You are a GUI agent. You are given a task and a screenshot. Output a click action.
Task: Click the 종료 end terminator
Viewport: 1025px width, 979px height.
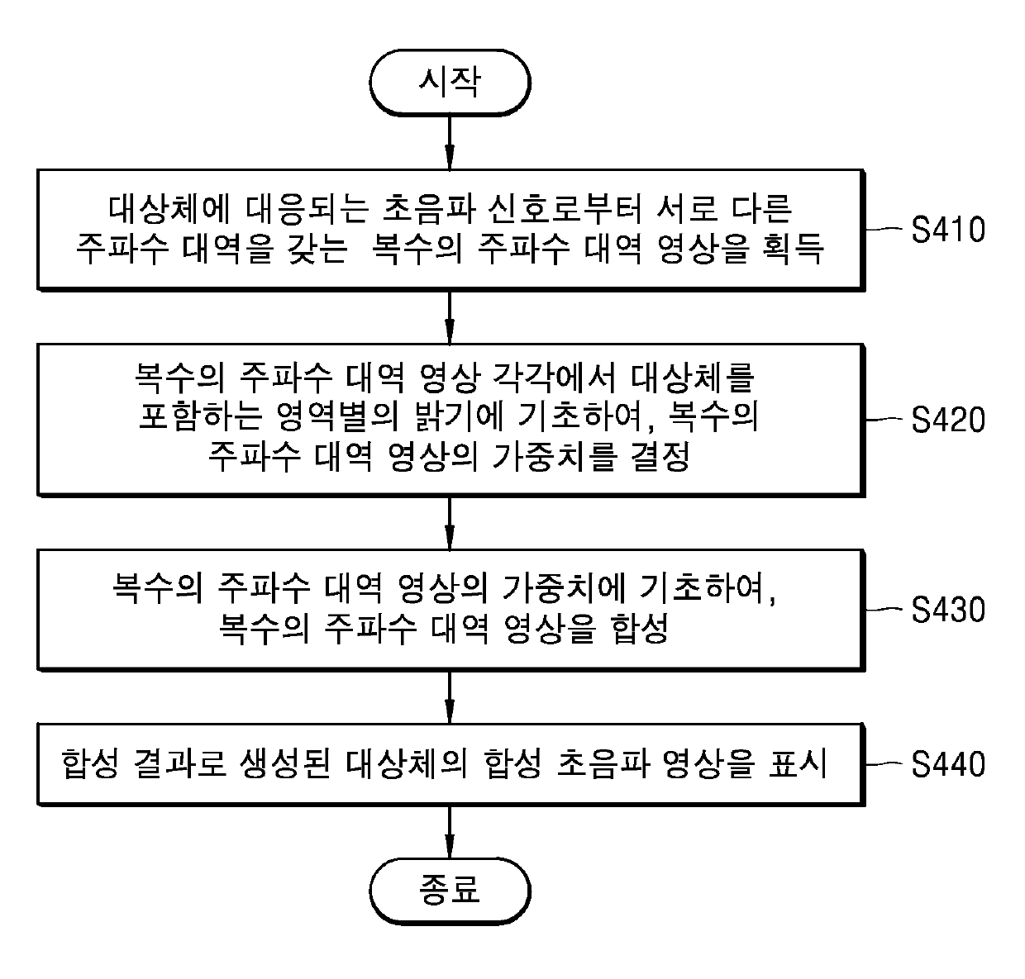click(450, 891)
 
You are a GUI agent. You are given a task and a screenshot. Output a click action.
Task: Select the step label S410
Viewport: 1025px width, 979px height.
click(948, 230)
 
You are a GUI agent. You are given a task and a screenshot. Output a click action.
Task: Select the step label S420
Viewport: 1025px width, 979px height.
click(948, 420)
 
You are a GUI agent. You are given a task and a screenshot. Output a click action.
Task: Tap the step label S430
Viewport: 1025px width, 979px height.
click(948, 610)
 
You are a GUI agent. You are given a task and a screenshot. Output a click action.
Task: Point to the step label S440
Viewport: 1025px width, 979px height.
click(948, 764)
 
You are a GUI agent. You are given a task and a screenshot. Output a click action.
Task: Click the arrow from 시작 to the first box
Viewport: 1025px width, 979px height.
click(450, 140)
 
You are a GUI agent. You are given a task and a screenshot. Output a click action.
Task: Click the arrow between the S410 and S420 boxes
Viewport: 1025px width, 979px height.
click(450, 316)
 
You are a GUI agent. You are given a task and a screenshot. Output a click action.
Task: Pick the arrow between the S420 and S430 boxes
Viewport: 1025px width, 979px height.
click(450, 523)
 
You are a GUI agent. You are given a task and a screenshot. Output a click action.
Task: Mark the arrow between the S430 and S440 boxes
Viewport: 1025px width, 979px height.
click(450, 696)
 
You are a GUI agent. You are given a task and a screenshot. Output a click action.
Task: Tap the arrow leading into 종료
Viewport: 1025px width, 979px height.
click(450, 832)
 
